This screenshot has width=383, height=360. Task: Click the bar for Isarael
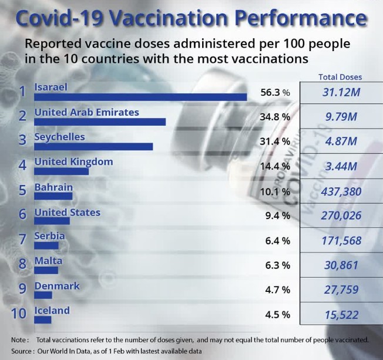[141, 97]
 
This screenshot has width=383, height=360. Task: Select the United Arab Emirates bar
[100, 122]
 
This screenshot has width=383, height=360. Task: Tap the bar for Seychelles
[93, 147]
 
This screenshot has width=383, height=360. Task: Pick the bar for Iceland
[43, 320]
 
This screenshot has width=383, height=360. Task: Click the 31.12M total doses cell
[340, 92]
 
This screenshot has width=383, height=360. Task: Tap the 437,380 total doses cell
[340, 191]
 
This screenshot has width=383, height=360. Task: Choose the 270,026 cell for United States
[340, 216]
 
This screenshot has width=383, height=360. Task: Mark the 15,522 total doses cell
[340, 315]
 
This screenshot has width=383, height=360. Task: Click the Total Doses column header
[340, 77]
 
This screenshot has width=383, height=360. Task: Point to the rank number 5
[22, 191]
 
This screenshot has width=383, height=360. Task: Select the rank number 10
[19, 314]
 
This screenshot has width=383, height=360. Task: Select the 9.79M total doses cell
[340, 117]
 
